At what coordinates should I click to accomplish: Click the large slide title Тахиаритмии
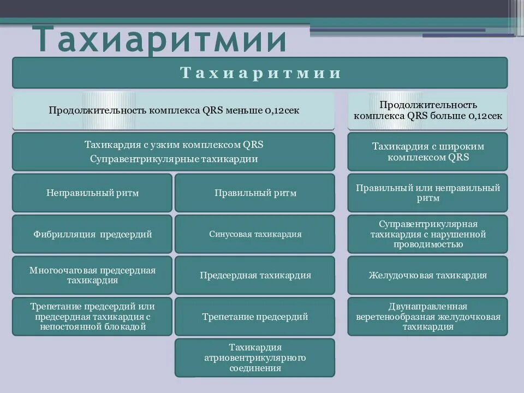pos(162,39)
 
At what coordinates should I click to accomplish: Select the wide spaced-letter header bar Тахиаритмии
pos(260,73)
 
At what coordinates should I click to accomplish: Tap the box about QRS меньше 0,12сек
pos(174,110)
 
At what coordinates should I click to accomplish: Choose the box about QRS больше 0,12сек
pos(427,110)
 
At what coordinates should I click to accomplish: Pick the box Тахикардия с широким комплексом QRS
pos(427,151)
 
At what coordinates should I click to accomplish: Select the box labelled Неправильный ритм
pos(92,193)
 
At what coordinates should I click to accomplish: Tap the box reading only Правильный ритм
pos(255,193)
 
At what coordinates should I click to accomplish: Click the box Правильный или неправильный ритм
pos(427,193)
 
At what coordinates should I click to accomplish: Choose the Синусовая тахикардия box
pos(255,234)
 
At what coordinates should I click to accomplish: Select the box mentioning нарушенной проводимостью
pos(427,234)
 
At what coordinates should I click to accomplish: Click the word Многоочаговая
pos(61,270)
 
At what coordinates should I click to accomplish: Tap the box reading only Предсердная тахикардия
pos(255,275)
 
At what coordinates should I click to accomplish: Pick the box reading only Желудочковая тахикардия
pos(427,275)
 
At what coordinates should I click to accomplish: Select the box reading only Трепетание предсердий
pos(255,317)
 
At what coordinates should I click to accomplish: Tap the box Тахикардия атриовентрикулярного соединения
pos(255,358)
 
